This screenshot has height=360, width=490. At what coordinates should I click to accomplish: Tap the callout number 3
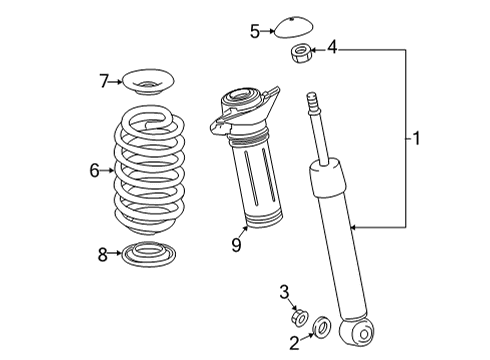pos(284,292)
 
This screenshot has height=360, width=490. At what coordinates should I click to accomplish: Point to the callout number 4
pos(332,46)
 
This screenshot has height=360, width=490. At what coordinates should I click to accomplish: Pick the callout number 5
pos(255,31)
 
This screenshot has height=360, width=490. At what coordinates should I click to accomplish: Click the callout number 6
pos(94,171)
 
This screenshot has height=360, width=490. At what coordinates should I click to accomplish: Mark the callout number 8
pos(102,255)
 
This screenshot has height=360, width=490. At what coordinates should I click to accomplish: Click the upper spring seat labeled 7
pos(145,78)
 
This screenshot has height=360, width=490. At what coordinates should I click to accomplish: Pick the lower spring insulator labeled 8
pos(146,256)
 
